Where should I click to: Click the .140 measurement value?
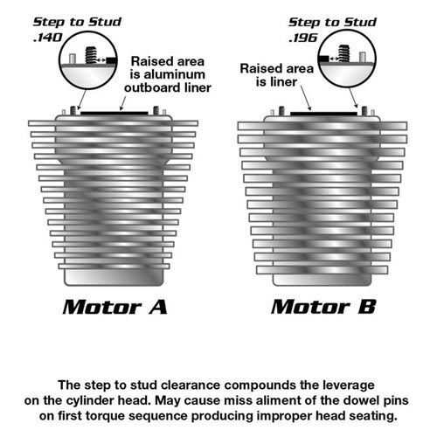(x=48, y=38)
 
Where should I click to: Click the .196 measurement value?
(x=303, y=38)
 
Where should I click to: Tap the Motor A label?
(x=114, y=307)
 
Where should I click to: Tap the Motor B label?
(x=323, y=307)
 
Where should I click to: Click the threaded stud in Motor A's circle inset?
(x=91, y=55)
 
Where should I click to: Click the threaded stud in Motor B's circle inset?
(x=343, y=53)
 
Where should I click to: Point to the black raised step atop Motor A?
(x=114, y=113)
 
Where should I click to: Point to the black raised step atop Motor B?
(x=323, y=114)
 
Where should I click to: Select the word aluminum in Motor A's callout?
(x=175, y=74)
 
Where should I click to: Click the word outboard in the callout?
(x=150, y=87)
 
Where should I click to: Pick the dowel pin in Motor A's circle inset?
(x=73, y=59)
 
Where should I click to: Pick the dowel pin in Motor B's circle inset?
(x=362, y=57)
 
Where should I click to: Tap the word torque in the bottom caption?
(x=103, y=416)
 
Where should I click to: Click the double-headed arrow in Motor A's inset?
(x=101, y=60)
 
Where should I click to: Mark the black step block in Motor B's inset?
(x=323, y=59)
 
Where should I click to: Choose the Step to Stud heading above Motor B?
(x=332, y=23)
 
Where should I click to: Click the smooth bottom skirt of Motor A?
(x=114, y=277)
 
